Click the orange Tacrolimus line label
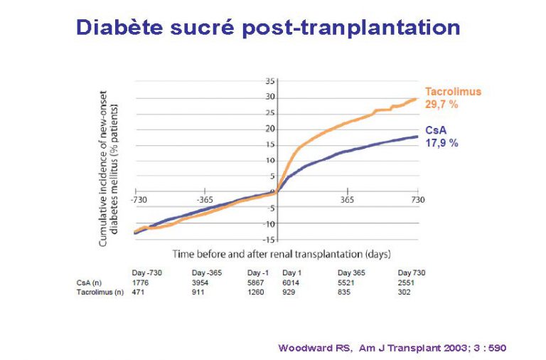[453, 92]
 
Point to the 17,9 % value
[442, 143]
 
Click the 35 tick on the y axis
[269, 80]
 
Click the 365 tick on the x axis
[347, 200]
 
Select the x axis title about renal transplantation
[282, 254]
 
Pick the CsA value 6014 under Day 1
[291, 282]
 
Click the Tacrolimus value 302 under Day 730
[405, 292]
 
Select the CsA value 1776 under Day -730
[141, 282]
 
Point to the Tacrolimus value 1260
[257, 292]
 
